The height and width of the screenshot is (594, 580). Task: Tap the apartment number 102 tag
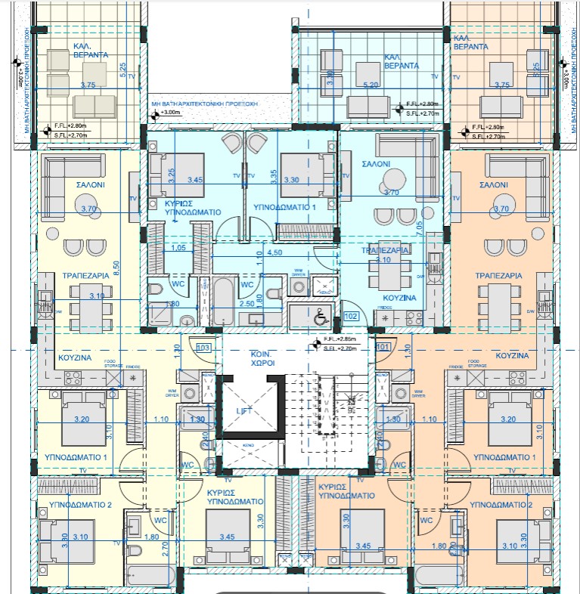coord(350,317)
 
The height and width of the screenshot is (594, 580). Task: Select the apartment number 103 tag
coord(202,348)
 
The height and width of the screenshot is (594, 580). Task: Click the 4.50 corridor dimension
coord(275,253)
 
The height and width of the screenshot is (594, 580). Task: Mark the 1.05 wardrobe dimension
coord(178,248)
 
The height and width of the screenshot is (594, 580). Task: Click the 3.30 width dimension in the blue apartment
coord(291,181)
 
